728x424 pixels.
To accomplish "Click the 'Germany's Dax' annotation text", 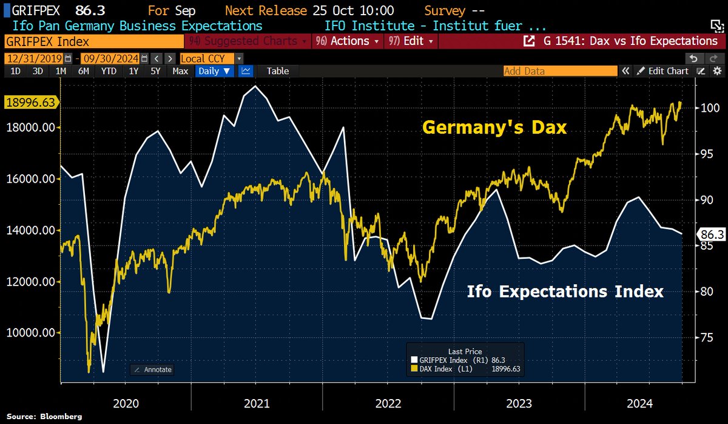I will coord(494,128).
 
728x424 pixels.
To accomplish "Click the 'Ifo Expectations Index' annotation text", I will coord(565,292).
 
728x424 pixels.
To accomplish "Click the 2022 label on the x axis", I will coord(388,403).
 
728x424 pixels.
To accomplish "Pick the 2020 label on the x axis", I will coord(126,403).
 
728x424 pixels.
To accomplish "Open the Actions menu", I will coord(349,41).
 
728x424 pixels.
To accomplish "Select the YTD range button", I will coord(109,71).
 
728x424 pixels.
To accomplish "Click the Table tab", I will coord(278,71).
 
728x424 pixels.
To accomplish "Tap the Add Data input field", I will coord(558,71).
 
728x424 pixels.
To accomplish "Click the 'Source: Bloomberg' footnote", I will coord(44,417).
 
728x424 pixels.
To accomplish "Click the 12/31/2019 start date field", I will coord(34,58).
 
